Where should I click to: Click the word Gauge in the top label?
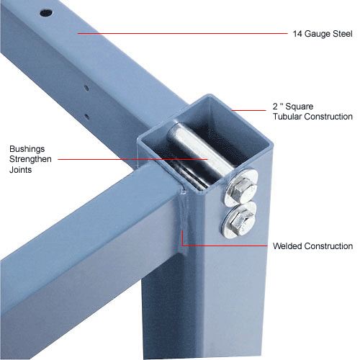coord(317,34)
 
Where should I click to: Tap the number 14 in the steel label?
coord(297,34)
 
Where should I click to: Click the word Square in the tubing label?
coord(300,107)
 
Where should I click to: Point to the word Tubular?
coord(287,117)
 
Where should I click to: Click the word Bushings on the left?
coord(27,149)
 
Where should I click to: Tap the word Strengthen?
coord(30,159)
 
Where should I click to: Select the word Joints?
coord(21,170)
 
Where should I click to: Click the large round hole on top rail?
coord(46,13)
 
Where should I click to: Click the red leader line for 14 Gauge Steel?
coord(182,33)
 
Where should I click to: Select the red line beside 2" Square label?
coord(249,110)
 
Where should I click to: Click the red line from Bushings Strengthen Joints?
coord(132,159)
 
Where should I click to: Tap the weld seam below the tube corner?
coord(184,211)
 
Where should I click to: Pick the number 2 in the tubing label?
coord(275,107)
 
